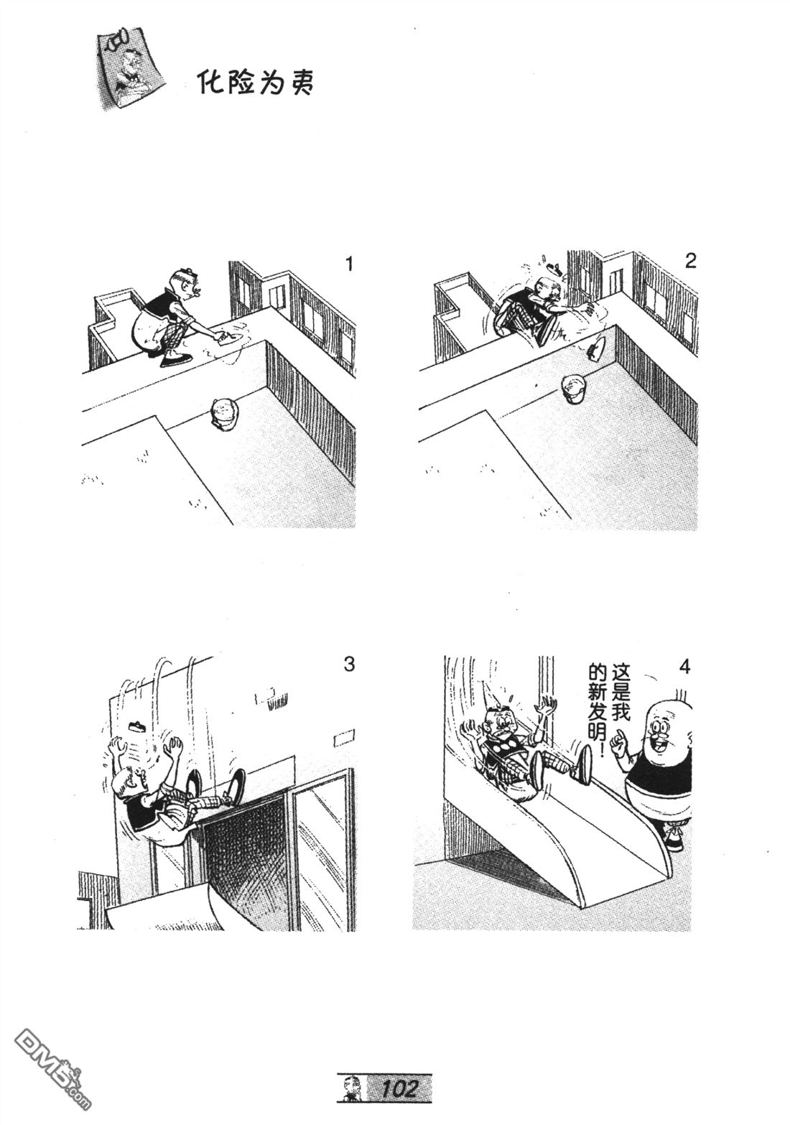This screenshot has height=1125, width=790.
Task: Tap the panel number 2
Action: [x=691, y=261]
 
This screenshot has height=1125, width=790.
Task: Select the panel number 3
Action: [x=348, y=664]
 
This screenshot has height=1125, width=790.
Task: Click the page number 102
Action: [x=399, y=1085]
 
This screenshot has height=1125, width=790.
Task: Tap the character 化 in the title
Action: [x=208, y=83]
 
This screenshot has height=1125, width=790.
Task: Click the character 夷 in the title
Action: [x=302, y=84]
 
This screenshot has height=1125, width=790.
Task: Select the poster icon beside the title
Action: [x=131, y=68]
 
